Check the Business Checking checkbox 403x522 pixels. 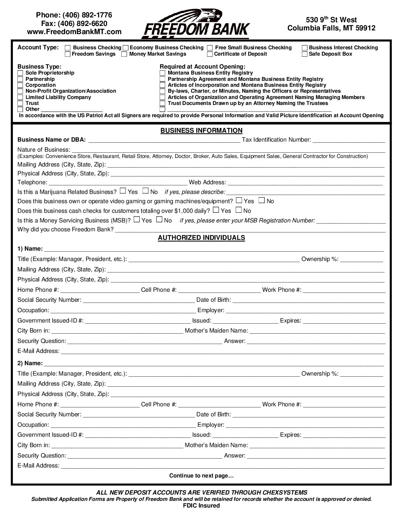tap(68, 48)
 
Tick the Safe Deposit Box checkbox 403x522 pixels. tap(304, 54)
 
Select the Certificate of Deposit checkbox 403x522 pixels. tap(210, 54)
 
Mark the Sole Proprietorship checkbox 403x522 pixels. tap(20, 73)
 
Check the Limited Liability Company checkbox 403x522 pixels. tap(20, 98)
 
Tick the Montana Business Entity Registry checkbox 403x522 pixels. tap(162, 73)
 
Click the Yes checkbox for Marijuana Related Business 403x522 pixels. tap(123, 191)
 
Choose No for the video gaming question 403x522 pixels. tap(262, 200)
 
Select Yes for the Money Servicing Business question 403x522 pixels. tap(137, 219)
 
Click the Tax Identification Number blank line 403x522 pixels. tap(349, 140)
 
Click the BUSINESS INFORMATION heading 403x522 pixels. tap(201, 130)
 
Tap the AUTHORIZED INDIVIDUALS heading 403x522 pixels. tap(201, 238)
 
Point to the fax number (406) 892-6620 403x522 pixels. tap(74, 23)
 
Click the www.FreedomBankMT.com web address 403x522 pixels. tap(74, 32)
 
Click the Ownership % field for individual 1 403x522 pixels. tap(361, 260)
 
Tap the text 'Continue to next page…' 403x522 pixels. tap(201, 476)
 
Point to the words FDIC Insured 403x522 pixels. tap(201, 506)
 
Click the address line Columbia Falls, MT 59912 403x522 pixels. tap(331, 28)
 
